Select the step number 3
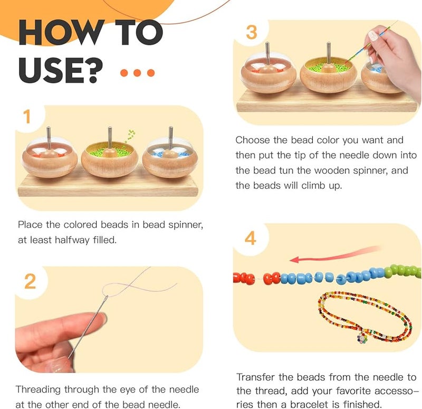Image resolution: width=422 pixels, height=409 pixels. (252, 32)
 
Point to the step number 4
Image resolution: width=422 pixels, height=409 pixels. (251, 238)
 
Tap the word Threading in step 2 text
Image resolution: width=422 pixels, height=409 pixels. (39, 389)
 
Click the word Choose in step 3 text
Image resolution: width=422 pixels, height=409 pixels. (253, 140)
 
